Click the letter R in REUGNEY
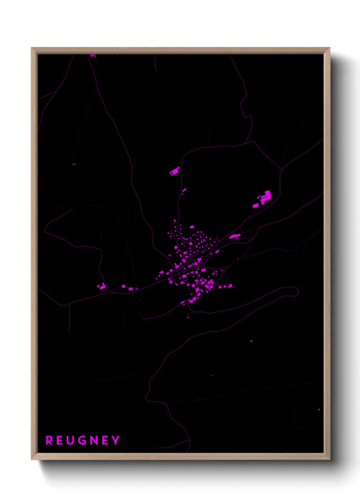pyautogui.click(x=49, y=440)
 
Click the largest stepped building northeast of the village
pyautogui.click(x=266, y=196)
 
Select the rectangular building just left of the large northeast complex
pyautogui.click(x=256, y=206)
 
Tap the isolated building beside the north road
pyautogui.click(x=175, y=171)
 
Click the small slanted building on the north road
pyautogui.click(x=184, y=190)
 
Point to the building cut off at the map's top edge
pyautogui.click(x=93, y=55)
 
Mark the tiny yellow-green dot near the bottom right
pyautogui.click(x=319, y=410)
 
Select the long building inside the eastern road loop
pyautogui.click(x=234, y=236)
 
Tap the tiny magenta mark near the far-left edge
pyautogui.click(x=74, y=164)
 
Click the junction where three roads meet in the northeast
pyautogui.click(x=282, y=169)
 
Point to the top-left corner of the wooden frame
pyautogui.click(x=32, y=48)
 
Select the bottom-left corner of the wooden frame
pyautogui.click(x=32, y=459)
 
